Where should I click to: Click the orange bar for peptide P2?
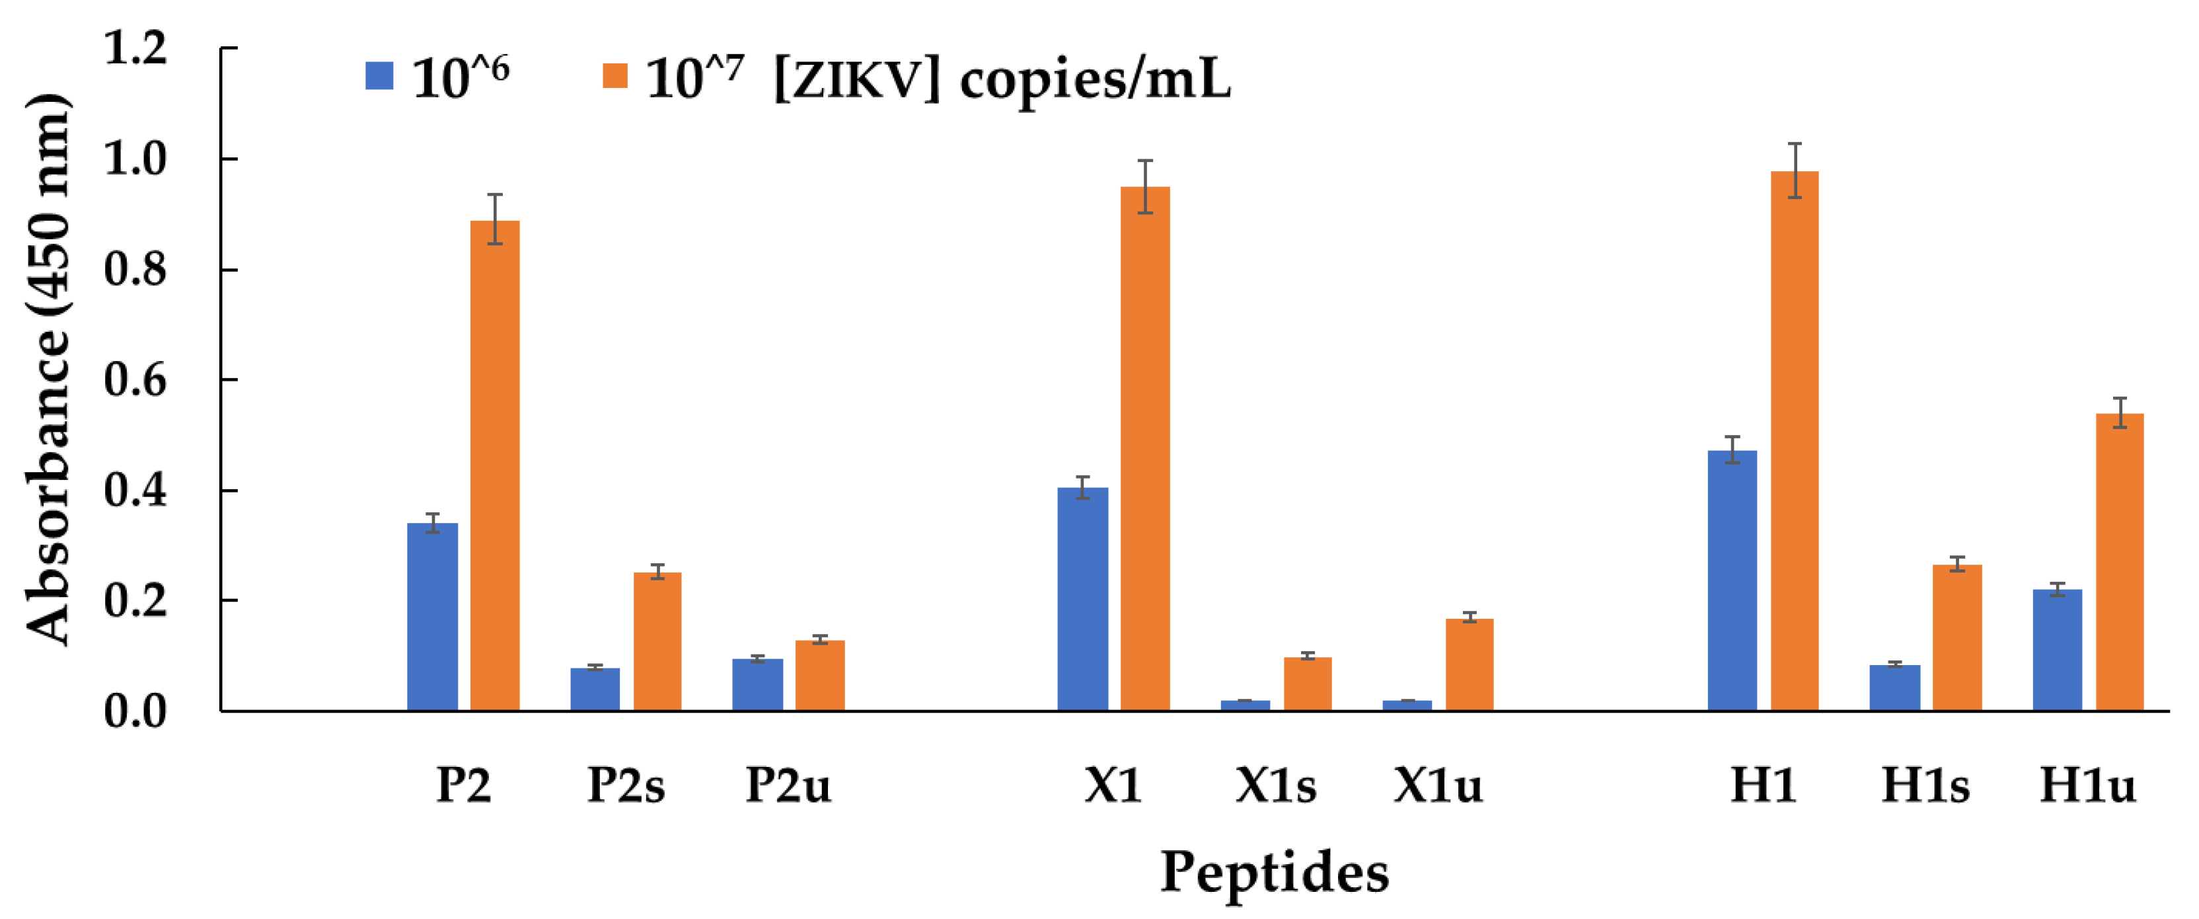pos(495,465)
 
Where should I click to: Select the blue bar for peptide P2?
pos(432,617)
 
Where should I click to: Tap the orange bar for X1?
pos(1144,448)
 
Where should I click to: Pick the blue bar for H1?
pos(1732,580)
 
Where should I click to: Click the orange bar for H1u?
pos(2120,562)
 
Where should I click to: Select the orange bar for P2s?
pos(657,641)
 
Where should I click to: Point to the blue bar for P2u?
pos(757,684)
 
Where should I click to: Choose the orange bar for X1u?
pos(1469,664)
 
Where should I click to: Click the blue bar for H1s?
pos(1894,688)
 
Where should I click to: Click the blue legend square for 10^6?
pos(379,76)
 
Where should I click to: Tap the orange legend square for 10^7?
pos(615,76)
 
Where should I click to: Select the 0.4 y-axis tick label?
pos(134,491)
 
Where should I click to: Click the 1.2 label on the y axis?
pos(134,49)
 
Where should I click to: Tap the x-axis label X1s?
pos(1275,785)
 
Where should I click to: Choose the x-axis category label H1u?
pos(2087,785)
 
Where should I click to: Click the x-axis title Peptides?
pos(1274,872)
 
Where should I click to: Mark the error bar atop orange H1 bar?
pos(1795,170)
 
